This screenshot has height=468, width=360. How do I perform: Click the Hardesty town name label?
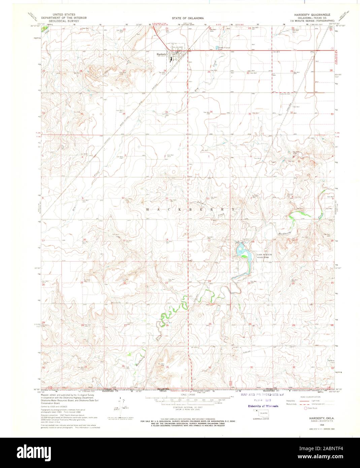tap(161, 54)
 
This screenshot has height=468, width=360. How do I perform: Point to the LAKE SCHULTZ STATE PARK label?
tap(264, 256)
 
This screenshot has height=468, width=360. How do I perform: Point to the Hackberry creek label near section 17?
tap(282, 234)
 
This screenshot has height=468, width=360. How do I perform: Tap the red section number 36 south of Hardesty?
tap(211, 112)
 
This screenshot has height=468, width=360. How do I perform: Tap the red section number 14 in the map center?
tap(167, 239)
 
